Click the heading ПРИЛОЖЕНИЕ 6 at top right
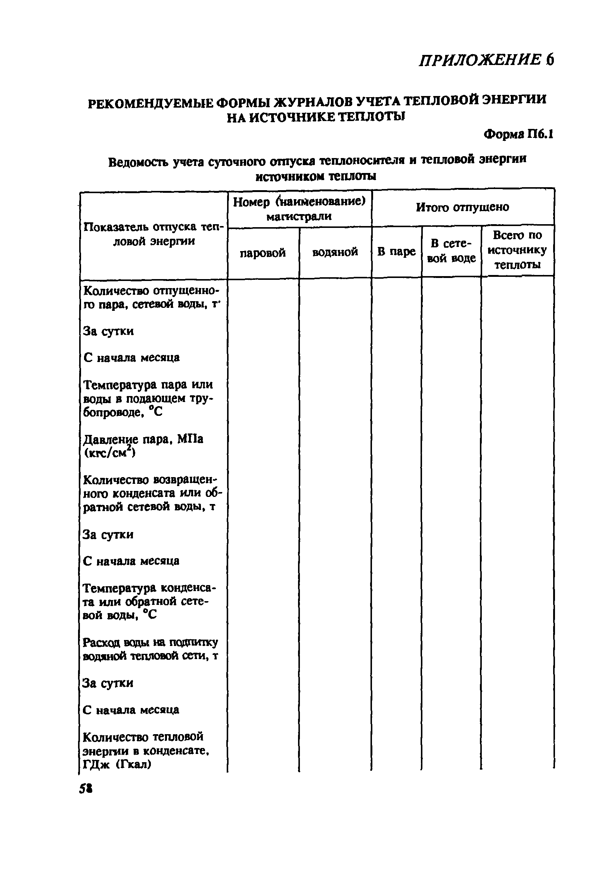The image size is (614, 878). pyautogui.click(x=486, y=60)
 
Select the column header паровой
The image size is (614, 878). pyautogui.click(x=263, y=253)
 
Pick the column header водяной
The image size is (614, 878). pyautogui.click(x=335, y=252)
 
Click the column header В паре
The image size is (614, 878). pyautogui.click(x=396, y=251)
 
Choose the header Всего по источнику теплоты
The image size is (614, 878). pyautogui.click(x=517, y=250)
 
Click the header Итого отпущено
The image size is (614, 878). pyautogui.click(x=462, y=207)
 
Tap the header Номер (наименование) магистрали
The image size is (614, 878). pyautogui.click(x=299, y=209)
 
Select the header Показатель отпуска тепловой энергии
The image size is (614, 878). pyautogui.click(x=153, y=234)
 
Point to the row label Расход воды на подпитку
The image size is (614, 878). pyautogui.click(x=150, y=649)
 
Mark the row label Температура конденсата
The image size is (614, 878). pyautogui.click(x=149, y=602)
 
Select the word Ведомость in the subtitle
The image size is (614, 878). pyautogui.click(x=138, y=162)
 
